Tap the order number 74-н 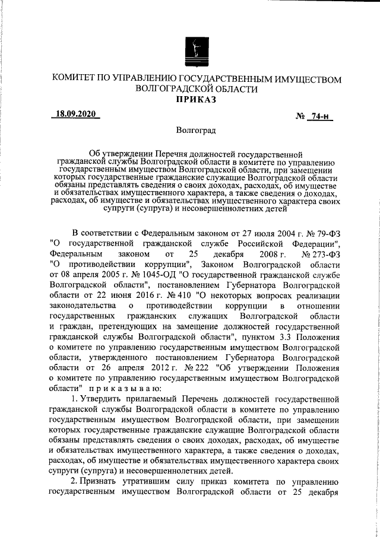[320, 117]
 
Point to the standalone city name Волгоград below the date [196, 129]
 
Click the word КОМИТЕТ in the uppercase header [79, 79]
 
